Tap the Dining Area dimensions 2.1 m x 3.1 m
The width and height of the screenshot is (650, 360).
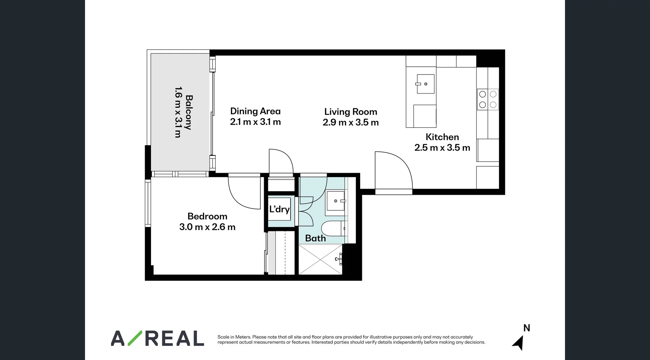click(255, 122)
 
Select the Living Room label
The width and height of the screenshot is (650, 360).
click(350, 112)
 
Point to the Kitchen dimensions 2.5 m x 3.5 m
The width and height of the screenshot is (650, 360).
click(442, 148)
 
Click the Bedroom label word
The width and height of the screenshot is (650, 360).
click(207, 216)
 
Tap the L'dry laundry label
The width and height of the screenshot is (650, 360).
click(279, 209)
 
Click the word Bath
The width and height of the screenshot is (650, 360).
click(315, 238)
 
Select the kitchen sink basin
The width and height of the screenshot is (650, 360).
click(425, 84)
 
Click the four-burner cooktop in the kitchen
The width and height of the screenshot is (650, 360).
click(488, 100)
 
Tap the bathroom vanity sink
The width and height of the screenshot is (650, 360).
click(335, 201)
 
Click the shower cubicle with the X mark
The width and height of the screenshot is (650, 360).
click(320, 259)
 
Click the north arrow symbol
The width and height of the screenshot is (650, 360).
click(519, 343)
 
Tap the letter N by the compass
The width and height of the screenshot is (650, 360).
click(526, 328)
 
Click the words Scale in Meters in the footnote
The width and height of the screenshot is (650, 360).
click(234, 337)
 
